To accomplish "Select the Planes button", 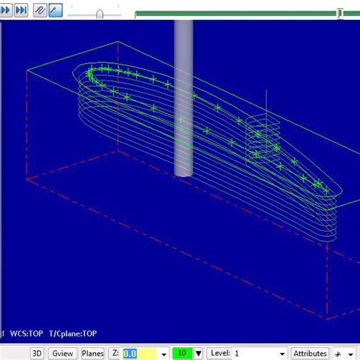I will [x=93, y=353].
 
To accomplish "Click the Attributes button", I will [x=310, y=353].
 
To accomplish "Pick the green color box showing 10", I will [x=182, y=353].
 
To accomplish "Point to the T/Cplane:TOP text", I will [x=74, y=333].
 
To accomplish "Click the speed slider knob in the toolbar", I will [x=99, y=12].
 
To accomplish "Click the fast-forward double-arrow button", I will [x=21, y=11].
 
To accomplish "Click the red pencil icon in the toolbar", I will [x=56, y=11].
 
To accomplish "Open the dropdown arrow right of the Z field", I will [x=163, y=354].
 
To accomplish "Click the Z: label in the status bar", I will [x=115, y=353].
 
